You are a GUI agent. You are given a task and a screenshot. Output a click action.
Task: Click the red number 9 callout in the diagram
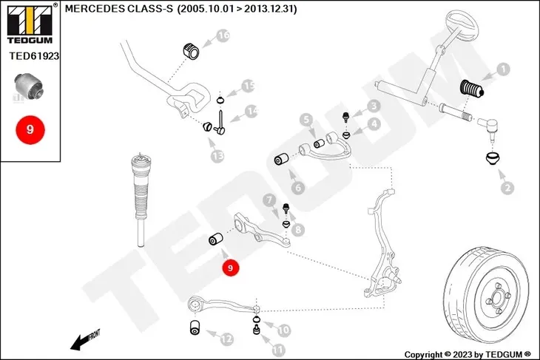coord(230,268)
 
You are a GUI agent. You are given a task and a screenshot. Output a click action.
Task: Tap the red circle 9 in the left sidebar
coord(30,130)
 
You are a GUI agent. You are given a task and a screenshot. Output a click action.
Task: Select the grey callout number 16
coord(223,35)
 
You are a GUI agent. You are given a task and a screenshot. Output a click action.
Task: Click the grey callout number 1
coord(503,69)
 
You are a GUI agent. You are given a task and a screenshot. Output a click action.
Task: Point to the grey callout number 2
coord(507,188)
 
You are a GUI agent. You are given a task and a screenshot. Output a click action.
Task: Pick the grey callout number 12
coord(226,339)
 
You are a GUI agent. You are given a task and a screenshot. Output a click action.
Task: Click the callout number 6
coord(298,188)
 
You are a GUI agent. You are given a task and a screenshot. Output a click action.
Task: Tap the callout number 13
coord(217,156)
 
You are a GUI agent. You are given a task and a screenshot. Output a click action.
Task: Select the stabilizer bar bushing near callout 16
coord(191,51)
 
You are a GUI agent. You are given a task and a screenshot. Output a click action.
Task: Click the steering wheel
coord(462,25)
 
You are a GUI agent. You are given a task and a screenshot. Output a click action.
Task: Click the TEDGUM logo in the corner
coord(30,24)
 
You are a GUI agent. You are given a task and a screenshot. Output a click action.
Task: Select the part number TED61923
coord(34,55)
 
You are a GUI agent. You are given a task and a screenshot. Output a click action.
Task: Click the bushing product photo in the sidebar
coord(28,86)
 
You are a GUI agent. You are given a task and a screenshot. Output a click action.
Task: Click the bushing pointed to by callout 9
coord(216,239)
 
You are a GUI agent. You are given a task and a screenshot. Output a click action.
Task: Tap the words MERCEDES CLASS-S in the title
coord(119,9)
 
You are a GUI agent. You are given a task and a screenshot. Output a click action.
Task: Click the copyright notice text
coord(468,354)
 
